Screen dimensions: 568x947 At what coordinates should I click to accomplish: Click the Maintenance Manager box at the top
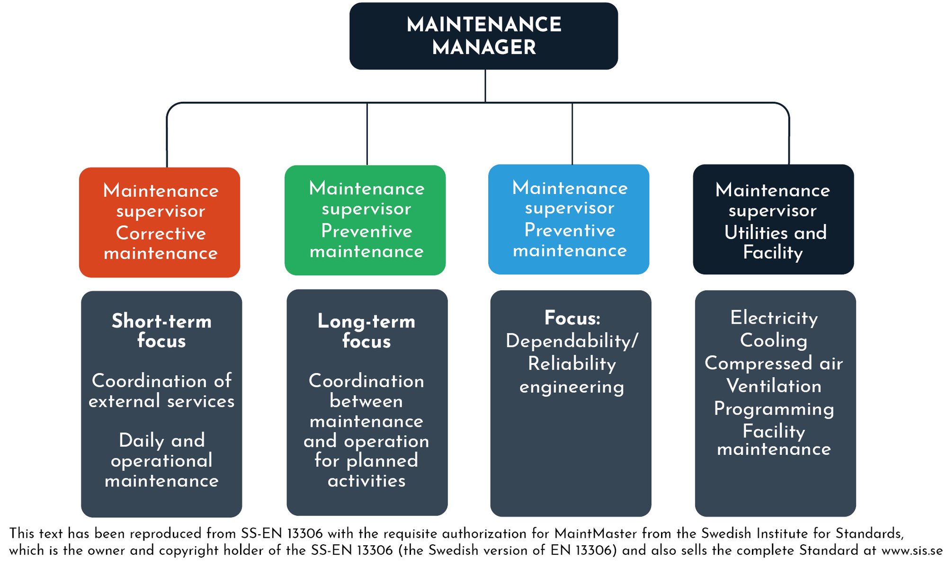[x=483, y=36]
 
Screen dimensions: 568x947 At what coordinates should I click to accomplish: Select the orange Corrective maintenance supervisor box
[x=160, y=222]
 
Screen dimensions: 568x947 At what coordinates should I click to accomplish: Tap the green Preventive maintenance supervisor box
[x=365, y=220]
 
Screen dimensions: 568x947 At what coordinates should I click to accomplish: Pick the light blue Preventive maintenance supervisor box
[x=569, y=219]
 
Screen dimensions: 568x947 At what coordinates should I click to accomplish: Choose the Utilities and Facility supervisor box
[x=773, y=219]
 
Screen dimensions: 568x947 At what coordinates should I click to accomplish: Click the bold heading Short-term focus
[x=161, y=331]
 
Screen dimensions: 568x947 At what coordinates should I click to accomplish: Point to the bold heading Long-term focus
[x=366, y=331]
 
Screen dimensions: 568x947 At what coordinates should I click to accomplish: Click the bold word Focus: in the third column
[x=572, y=318]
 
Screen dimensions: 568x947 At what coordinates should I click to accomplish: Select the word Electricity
[x=774, y=318]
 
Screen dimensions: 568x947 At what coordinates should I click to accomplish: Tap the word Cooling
[x=774, y=340]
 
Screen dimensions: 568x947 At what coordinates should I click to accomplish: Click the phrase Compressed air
[x=774, y=363]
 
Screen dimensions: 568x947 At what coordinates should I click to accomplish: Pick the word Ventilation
[x=774, y=386]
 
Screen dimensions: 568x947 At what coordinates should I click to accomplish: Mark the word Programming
[x=774, y=409]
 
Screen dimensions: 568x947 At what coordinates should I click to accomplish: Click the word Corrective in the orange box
[x=161, y=233]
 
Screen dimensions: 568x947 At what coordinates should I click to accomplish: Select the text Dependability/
[x=572, y=341]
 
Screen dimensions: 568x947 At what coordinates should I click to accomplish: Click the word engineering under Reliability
[x=572, y=387]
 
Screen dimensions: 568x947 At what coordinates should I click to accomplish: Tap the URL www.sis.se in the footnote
[x=912, y=550]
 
